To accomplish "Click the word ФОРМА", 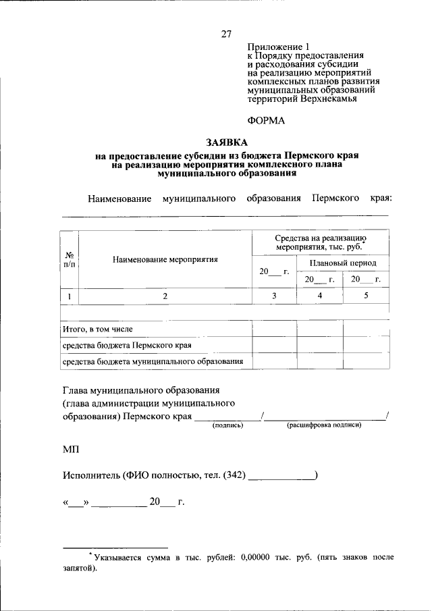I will click(267, 121).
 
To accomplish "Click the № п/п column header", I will click(70, 259).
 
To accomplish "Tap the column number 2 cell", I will click(165, 296).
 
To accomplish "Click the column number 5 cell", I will click(366, 296).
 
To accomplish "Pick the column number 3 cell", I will click(274, 296).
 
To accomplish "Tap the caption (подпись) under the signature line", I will click(227, 426).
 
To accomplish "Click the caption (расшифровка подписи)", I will click(324, 426).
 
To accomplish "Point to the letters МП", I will click(70, 449).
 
